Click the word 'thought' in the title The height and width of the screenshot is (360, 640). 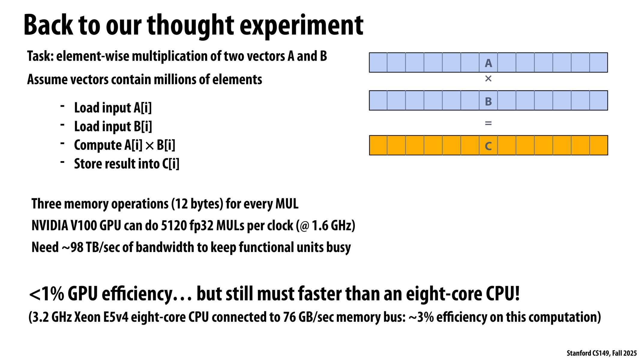coord(190,26)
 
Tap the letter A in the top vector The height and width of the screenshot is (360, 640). coord(488,63)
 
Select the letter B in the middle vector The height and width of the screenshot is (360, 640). coord(488,101)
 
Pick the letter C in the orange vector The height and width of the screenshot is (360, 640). coord(488,146)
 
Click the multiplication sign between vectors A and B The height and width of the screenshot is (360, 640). coord(488,79)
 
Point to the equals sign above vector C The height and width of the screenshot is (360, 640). coord(488,123)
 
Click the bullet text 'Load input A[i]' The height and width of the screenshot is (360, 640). coord(113,108)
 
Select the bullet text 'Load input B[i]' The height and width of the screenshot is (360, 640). coord(113,126)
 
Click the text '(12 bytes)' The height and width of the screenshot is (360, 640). coord(197,204)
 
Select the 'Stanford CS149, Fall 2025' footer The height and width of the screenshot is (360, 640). coord(601,353)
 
